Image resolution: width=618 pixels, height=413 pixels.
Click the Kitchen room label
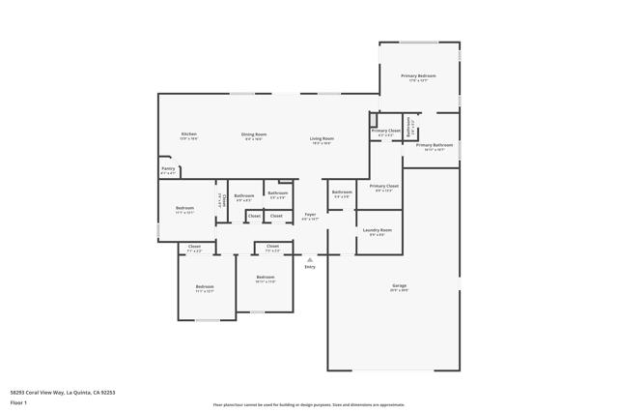(188, 134)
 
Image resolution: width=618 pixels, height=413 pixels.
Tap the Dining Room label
(254, 135)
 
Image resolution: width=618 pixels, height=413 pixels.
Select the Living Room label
(322, 139)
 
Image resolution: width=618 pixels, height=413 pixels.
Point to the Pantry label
(168, 169)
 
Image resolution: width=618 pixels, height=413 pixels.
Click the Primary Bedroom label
(418, 75)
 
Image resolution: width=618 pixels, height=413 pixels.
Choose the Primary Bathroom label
(434, 145)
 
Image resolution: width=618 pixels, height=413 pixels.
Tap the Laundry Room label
(377, 230)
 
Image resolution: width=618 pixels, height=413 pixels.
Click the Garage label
(399, 286)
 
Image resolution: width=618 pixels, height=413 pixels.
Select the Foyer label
(310, 215)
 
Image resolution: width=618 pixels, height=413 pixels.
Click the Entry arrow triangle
(310, 259)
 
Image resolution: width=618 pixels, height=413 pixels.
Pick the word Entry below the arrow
(310, 267)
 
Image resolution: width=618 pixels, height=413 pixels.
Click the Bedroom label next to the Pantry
(183, 208)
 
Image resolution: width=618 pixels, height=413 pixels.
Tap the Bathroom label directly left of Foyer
(277, 192)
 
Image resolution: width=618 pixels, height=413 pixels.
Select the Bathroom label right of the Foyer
(342, 192)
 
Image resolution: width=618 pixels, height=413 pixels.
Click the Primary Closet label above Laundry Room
(383, 186)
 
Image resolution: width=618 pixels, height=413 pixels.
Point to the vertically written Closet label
(221, 200)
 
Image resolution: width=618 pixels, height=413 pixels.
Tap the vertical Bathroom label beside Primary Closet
(409, 127)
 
